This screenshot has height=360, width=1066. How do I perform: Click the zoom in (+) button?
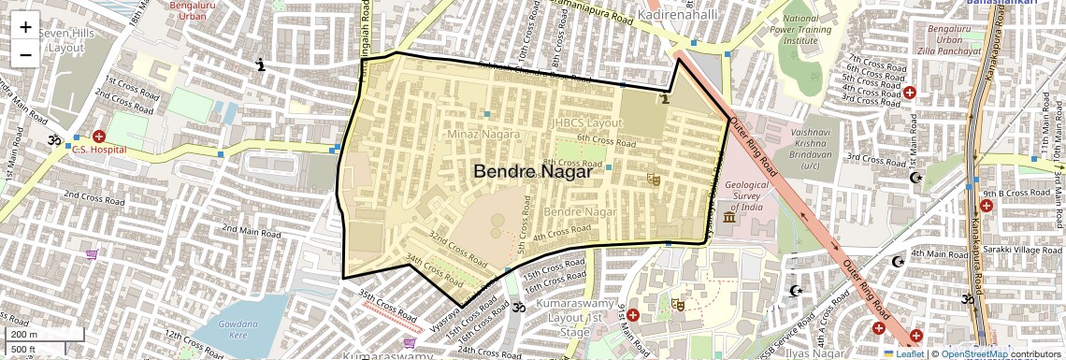(25, 27)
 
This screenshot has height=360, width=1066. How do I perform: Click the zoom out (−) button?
(25, 54)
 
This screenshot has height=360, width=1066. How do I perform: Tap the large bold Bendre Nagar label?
(533, 172)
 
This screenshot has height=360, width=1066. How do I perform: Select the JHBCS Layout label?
(587, 122)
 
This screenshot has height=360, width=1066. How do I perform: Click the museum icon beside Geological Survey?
(728, 217)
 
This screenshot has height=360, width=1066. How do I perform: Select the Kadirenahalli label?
(677, 14)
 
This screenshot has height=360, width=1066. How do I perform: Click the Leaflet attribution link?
(909, 353)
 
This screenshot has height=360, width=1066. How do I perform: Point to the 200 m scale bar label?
(24, 334)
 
